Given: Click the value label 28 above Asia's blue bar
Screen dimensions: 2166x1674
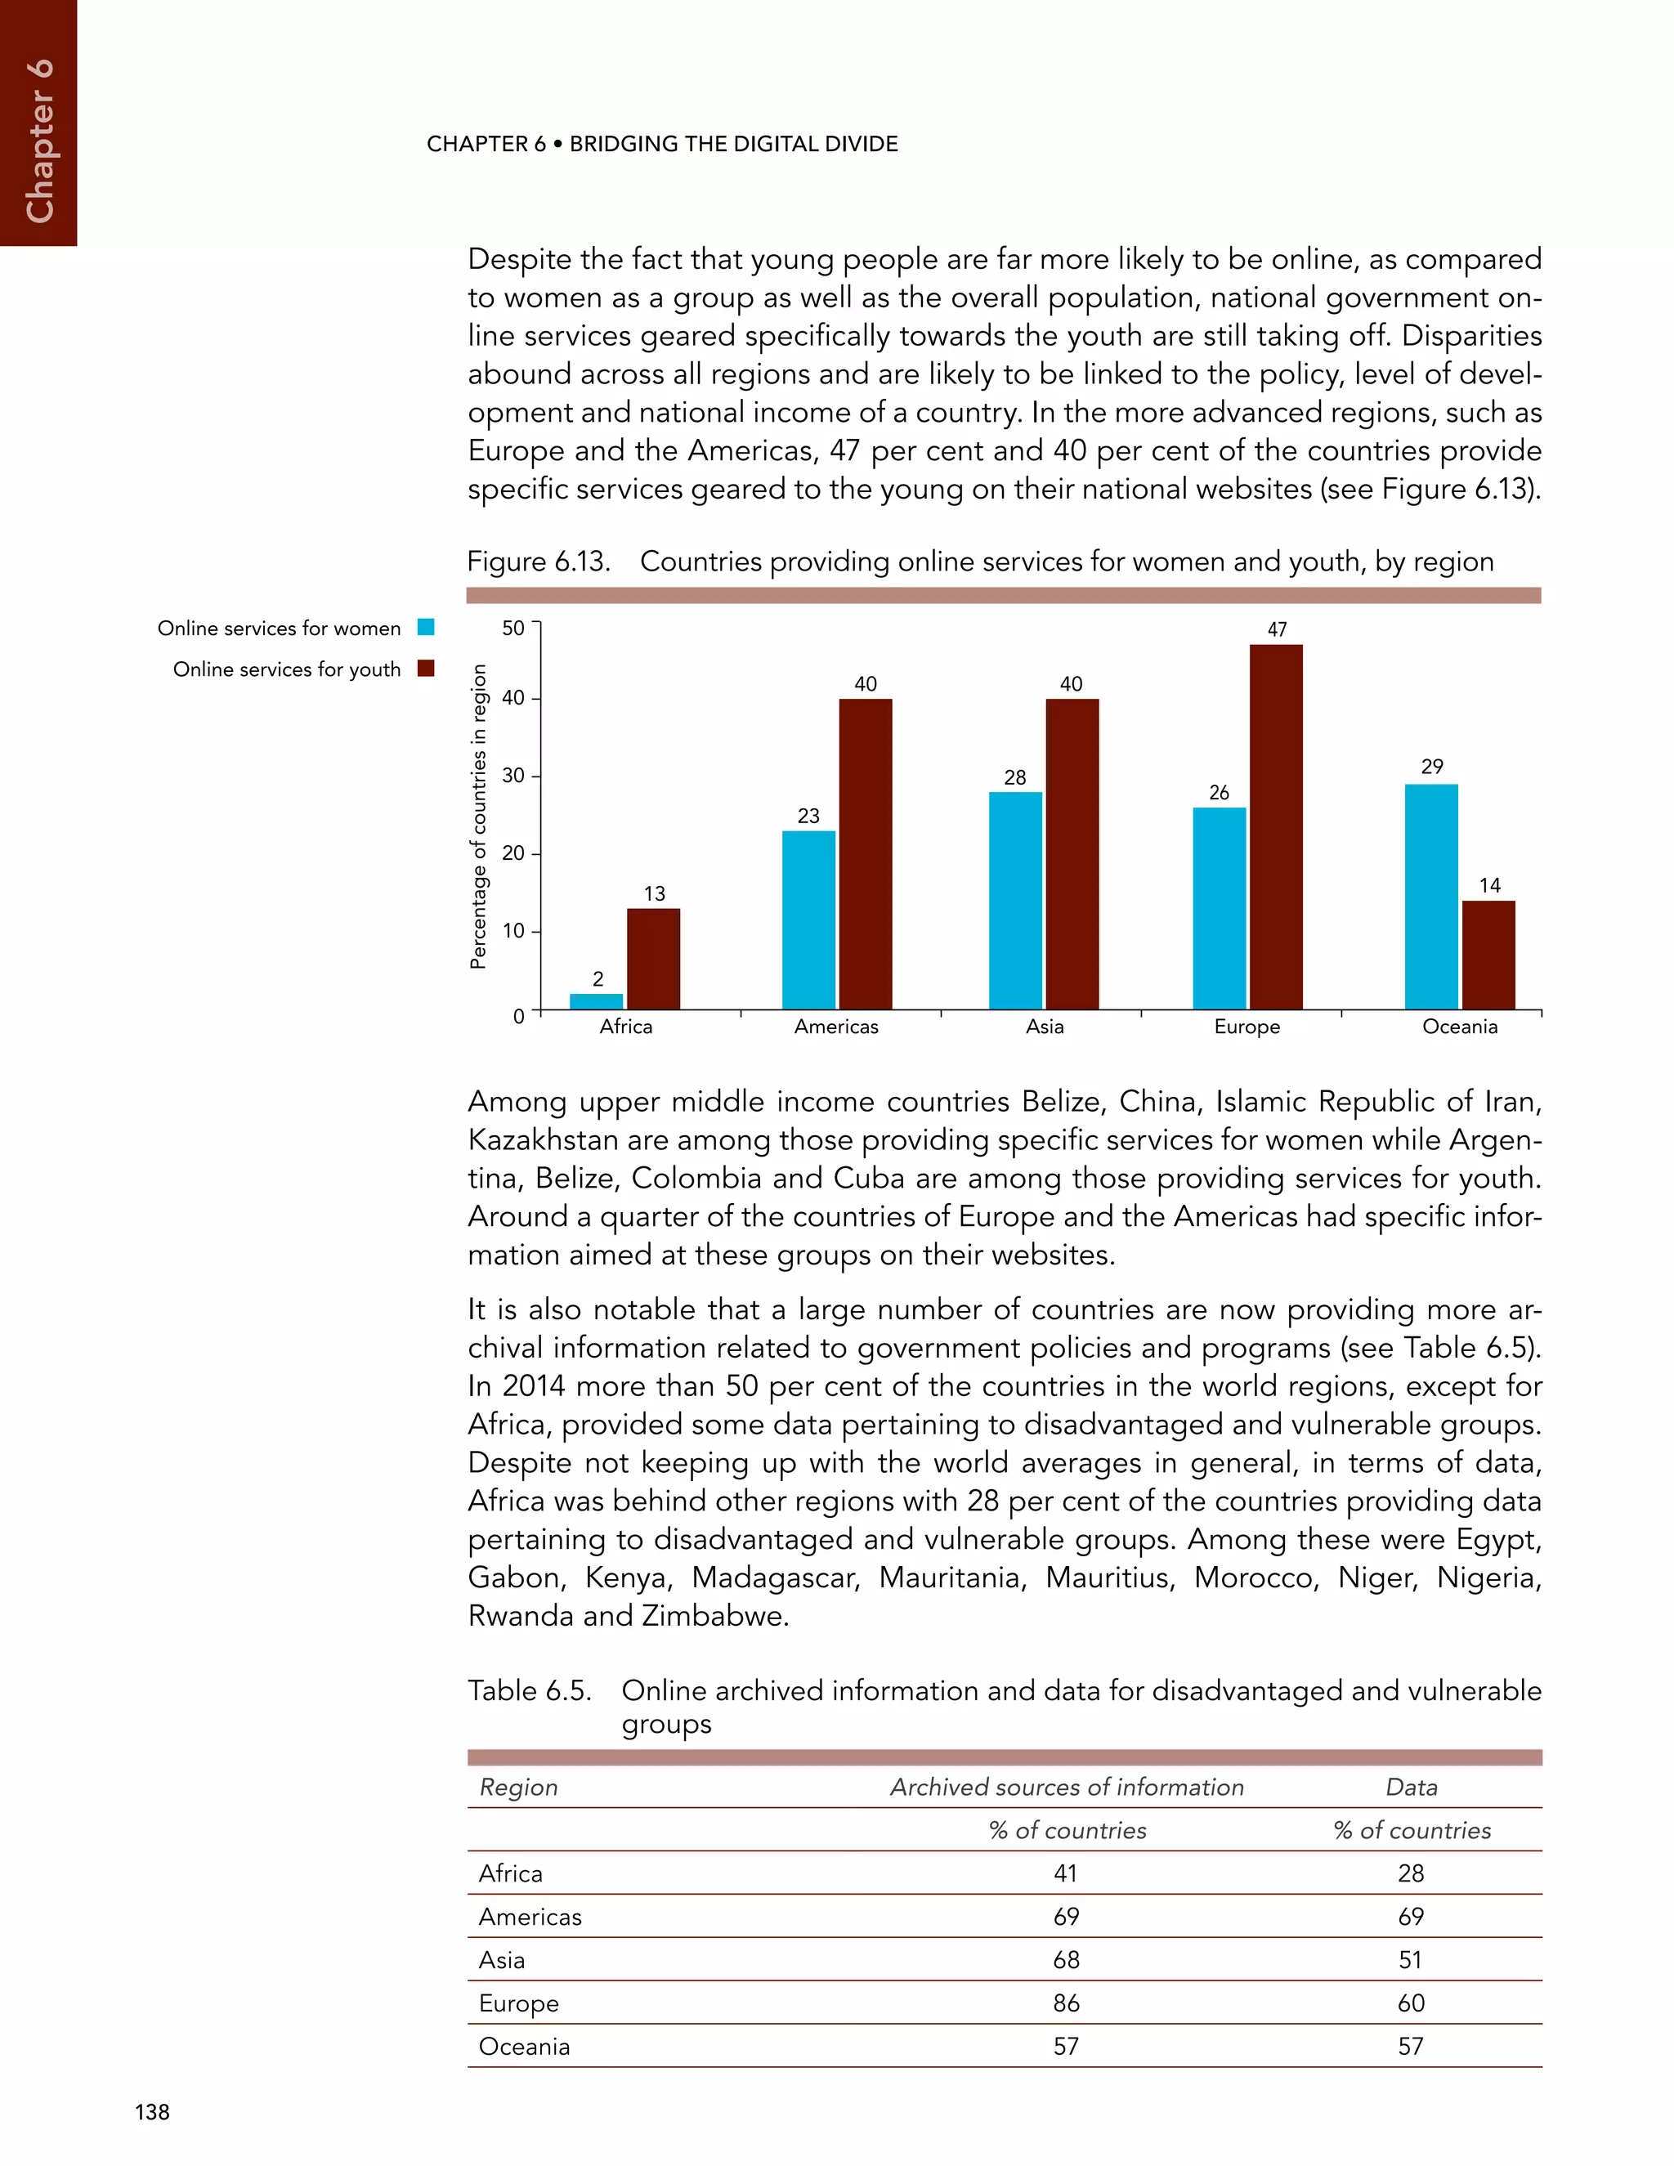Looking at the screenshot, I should coord(1014,777).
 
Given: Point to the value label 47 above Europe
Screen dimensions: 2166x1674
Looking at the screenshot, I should coord(1276,629).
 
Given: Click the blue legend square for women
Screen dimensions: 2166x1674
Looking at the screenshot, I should coord(425,627).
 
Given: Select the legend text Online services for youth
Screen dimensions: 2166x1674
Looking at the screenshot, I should coord(287,669).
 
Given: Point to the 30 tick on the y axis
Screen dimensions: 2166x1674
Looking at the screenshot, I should coord(512,776).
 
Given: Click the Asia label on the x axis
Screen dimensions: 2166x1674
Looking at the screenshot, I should coord(1045,1027).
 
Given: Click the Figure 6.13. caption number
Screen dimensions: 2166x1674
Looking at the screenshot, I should coord(538,562).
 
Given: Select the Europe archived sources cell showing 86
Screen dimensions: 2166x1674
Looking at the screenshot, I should coord(1066,2003).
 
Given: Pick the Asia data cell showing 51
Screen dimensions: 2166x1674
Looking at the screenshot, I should coord(1410,1960).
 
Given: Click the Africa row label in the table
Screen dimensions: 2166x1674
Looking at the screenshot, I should coord(511,1873).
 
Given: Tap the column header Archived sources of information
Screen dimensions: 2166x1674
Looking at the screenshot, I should coord(1066,1787).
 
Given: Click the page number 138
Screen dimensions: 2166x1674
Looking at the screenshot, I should coord(153,2111).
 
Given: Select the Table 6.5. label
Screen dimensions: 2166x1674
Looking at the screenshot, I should coord(530,1691).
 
